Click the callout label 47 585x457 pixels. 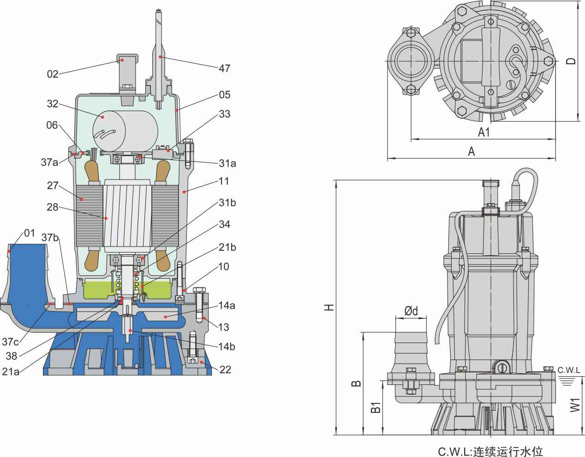[x=224, y=68]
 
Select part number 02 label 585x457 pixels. [x=53, y=73]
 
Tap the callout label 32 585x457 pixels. [x=53, y=103]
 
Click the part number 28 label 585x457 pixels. [x=53, y=207]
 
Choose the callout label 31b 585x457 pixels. [x=227, y=203]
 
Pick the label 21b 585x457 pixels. [x=227, y=247]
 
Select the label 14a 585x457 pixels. [x=227, y=305]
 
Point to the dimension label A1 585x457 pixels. [x=484, y=132]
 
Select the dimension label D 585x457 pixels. [x=571, y=61]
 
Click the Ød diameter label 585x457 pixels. [x=411, y=312]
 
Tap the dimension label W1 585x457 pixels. [x=574, y=405]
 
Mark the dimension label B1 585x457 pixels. [x=376, y=407]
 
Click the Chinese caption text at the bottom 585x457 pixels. [x=487, y=450]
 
